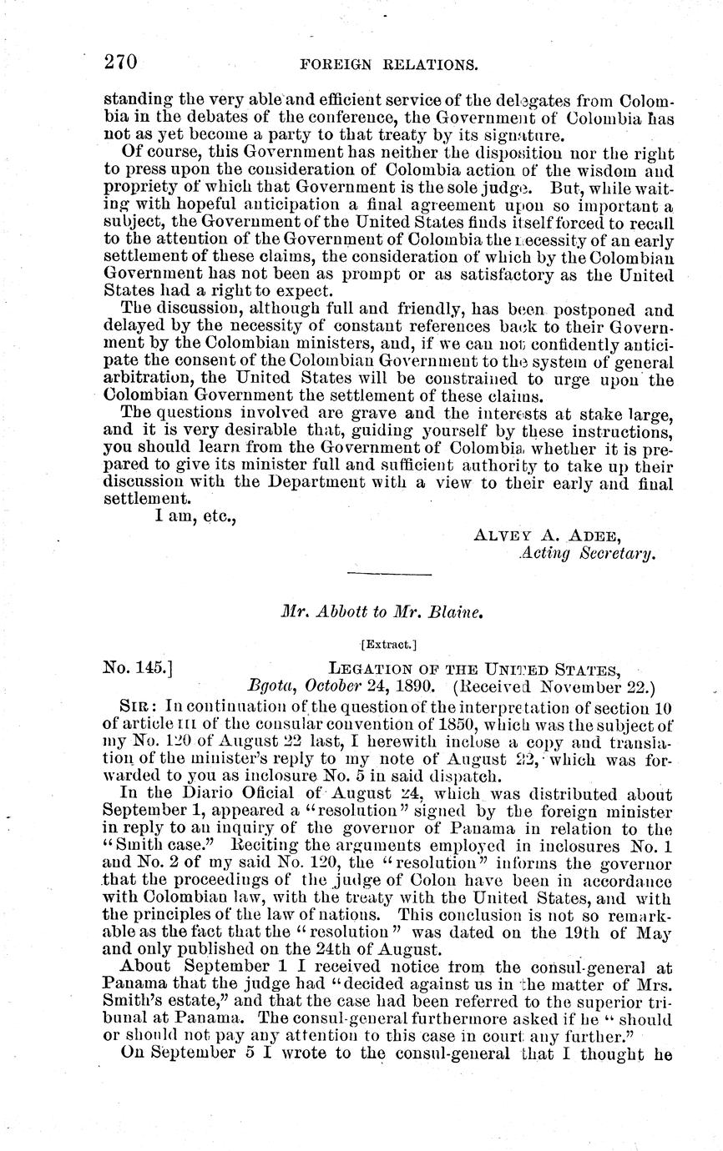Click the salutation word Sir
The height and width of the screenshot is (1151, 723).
(x=134, y=706)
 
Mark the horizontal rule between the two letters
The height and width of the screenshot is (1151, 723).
(x=389, y=575)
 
